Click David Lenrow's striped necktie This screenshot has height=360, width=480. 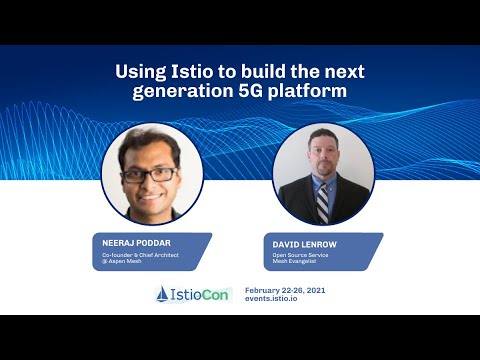pyautogui.click(x=323, y=200)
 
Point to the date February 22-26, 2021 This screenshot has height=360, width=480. pyautogui.click(x=285, y=289)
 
